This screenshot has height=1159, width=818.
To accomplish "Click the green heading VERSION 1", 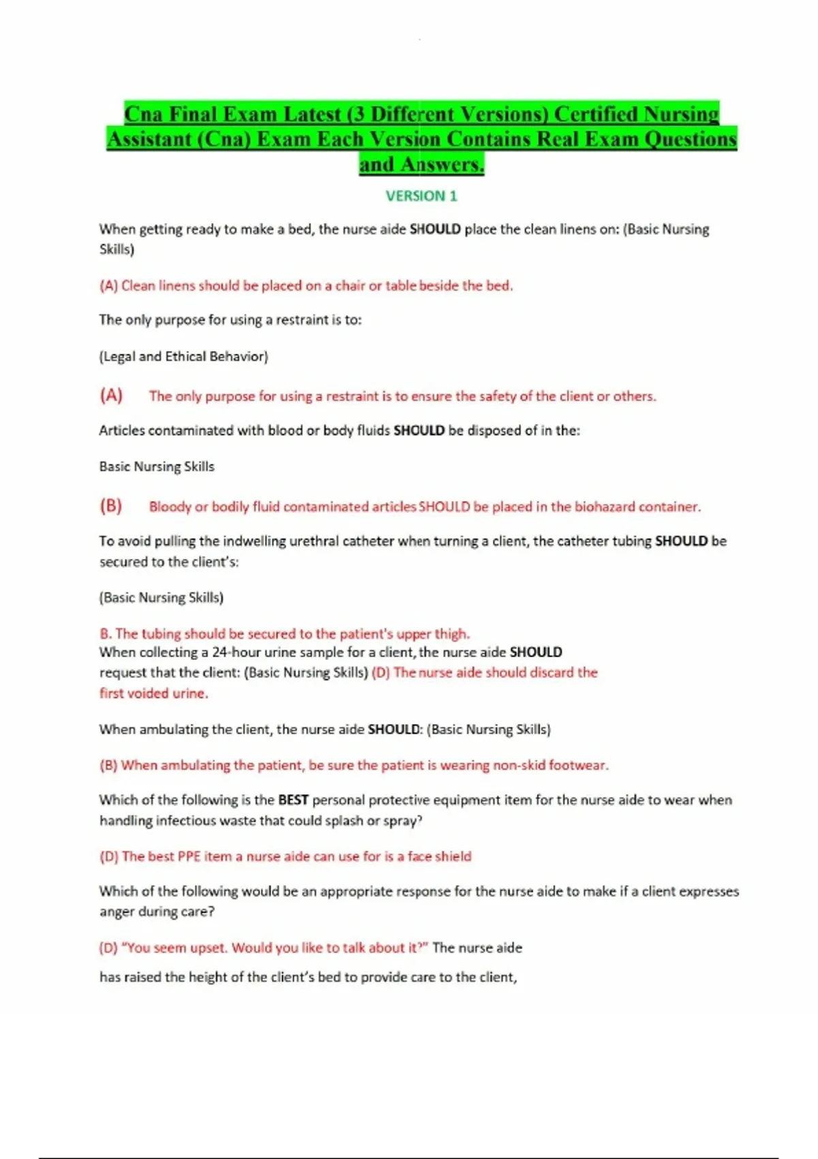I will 421,196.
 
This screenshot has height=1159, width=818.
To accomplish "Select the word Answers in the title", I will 442,164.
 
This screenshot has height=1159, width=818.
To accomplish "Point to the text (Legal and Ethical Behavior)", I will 184,357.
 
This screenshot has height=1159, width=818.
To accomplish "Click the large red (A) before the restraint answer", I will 111,395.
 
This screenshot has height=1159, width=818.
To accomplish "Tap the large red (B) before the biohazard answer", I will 111,506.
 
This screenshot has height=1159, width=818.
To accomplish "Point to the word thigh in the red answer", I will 452,634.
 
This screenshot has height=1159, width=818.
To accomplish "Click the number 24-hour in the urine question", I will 237,652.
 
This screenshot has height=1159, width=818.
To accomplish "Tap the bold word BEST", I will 293,800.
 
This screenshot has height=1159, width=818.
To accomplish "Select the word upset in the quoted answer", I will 208,948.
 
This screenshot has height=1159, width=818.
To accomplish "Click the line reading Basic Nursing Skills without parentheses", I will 157,467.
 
